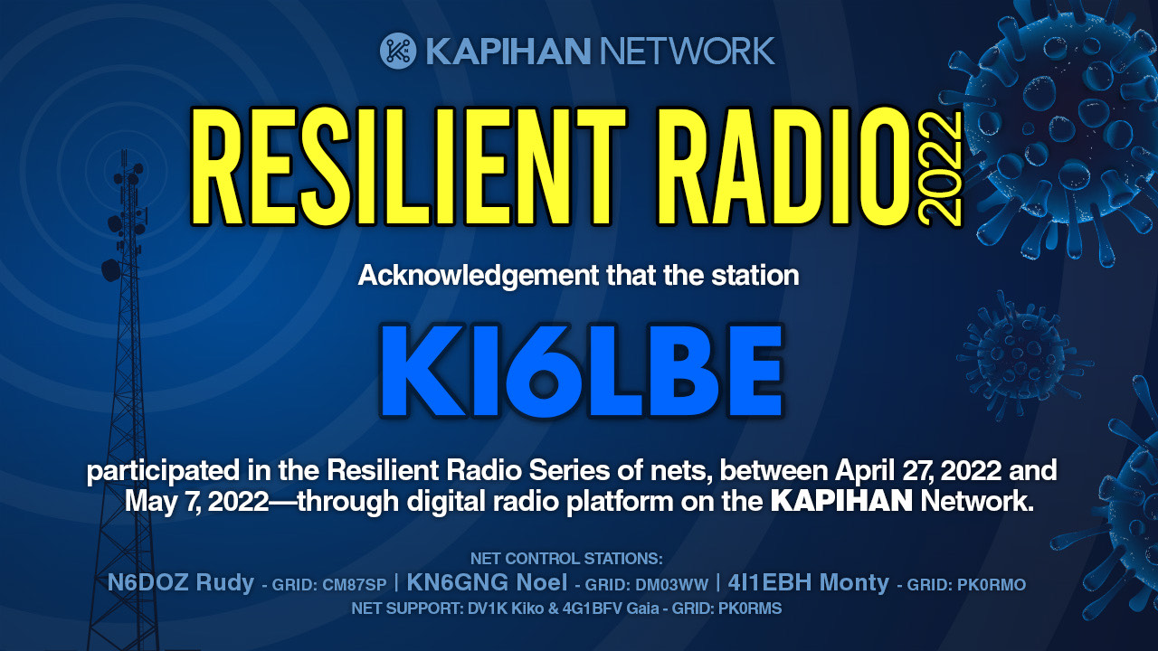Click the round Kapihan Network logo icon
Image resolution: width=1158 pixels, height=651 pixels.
[398, 51]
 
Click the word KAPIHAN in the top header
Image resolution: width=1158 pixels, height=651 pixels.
[508, 52]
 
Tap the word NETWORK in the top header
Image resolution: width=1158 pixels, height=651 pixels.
[687, 52]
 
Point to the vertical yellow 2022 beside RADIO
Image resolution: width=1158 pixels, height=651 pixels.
[941, 168]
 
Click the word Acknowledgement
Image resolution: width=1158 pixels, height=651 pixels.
[479, 277]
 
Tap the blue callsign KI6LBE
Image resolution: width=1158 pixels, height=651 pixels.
[583, 371]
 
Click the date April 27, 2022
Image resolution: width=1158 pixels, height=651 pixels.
[918, 471]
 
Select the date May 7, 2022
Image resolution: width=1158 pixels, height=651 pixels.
[197, 502]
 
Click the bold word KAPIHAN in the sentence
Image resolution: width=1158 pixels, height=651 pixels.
[841, 501]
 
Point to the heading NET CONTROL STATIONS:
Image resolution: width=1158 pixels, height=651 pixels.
[566, 559]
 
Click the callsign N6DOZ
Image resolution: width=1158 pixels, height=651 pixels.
[147, 583]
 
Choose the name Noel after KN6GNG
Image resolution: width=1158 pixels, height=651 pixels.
[542, 583]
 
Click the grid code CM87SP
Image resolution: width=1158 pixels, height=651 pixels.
[354, 585]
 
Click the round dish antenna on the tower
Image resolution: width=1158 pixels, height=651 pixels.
[110, 270]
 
